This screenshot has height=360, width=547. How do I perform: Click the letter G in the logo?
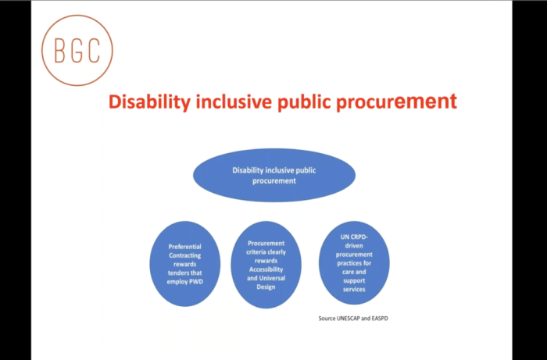point(77,51)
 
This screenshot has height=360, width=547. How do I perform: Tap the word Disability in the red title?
point(150,102)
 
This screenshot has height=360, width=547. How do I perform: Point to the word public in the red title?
point(303,102)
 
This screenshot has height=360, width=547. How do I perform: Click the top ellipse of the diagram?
point(274,175)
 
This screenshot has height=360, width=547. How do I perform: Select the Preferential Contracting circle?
point(185,264)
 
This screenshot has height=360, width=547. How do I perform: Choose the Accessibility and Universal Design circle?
point(266,265)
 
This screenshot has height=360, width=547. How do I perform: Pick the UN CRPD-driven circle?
point(354,262)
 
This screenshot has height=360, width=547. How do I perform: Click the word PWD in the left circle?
point(195,282)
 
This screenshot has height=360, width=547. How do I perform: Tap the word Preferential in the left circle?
point(185,247)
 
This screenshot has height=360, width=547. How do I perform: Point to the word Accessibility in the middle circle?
point(266,269)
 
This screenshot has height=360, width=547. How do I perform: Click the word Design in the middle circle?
point(266,287)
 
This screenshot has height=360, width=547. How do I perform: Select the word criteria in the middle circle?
point(256,252)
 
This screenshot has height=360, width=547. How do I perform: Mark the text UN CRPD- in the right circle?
point(354,237)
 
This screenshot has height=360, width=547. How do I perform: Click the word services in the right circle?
point(354,289)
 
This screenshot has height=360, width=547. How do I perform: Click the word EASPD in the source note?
point(380,319)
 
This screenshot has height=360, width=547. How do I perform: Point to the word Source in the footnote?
point(327,319)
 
